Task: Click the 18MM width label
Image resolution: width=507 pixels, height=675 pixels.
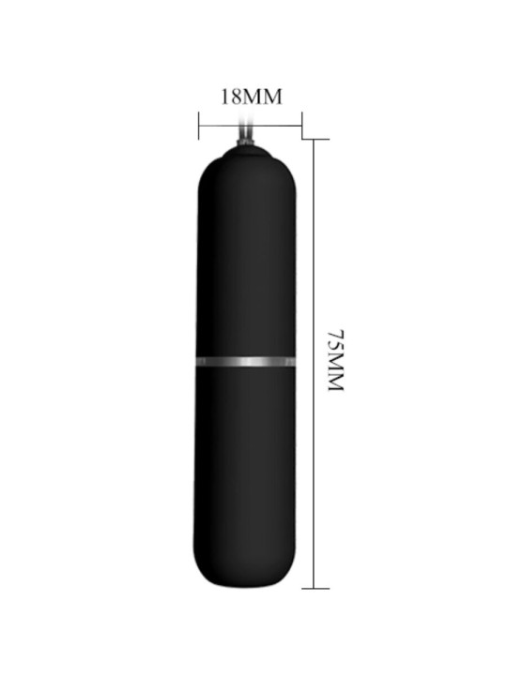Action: pyautogui.click(x=252, y=97)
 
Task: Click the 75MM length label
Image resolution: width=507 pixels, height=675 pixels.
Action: pyautogui.click(x=336, y=361)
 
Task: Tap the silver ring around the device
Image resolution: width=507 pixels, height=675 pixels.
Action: pyautogui.click(x=246, y=362)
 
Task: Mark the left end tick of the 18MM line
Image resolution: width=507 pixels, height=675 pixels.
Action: pyautogui.click(x=199, y=126)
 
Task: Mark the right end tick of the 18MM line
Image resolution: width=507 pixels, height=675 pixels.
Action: pyautogui.click(x=301, y=126)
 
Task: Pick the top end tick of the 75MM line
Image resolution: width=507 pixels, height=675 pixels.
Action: pyautogui.click(x=315, y=139)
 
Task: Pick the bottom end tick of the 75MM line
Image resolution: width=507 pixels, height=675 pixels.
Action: pyautogui.click(x=315, y=588)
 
